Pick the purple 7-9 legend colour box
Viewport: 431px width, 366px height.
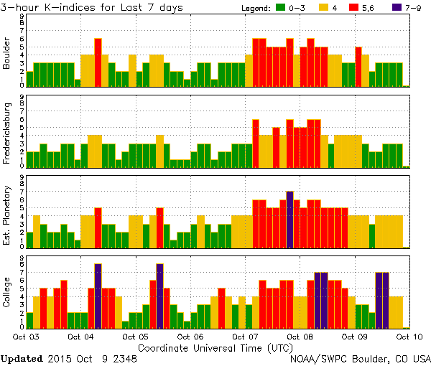399,8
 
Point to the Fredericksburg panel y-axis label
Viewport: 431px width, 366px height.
7,134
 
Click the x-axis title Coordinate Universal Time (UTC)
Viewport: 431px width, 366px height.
215,347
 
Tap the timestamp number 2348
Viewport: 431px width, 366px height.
124,358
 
